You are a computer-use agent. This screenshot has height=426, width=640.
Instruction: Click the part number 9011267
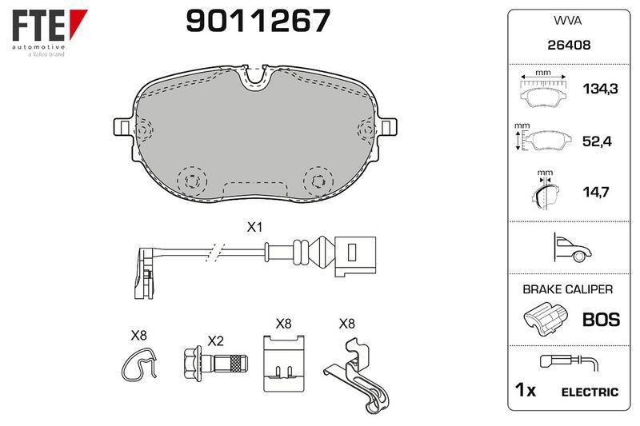coord(258,21)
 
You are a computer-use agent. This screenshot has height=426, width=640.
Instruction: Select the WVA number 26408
coord(569,45)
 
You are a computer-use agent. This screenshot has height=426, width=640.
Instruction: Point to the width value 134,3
coord(600,89)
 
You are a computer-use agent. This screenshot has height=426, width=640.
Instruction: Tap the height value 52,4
coord(596,141)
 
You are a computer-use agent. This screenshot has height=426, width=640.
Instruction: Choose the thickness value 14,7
coord(596,192)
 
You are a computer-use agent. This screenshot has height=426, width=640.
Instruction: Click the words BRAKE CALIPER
coord(568,289)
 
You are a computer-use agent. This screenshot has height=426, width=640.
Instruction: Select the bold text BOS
coord(602,320)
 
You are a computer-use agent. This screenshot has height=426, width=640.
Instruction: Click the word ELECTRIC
coord(590,392)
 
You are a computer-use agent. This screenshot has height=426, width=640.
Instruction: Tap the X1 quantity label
coord(254,228)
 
